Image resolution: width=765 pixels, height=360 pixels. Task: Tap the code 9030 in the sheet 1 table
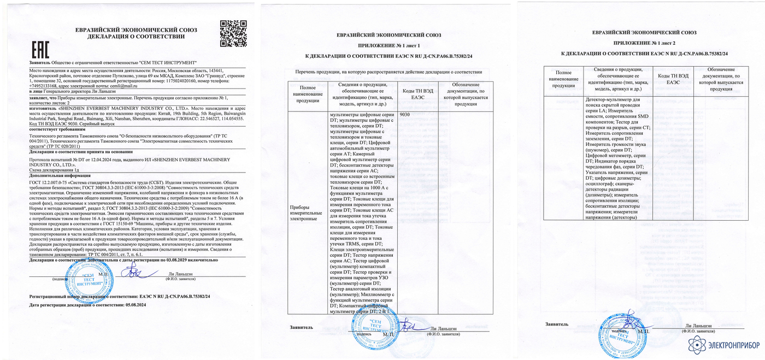[x=405, y=115]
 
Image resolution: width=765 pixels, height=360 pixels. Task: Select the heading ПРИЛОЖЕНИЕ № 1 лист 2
[x=644, y=42]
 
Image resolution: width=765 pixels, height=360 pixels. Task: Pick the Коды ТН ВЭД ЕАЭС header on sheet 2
[x=670, y=79]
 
